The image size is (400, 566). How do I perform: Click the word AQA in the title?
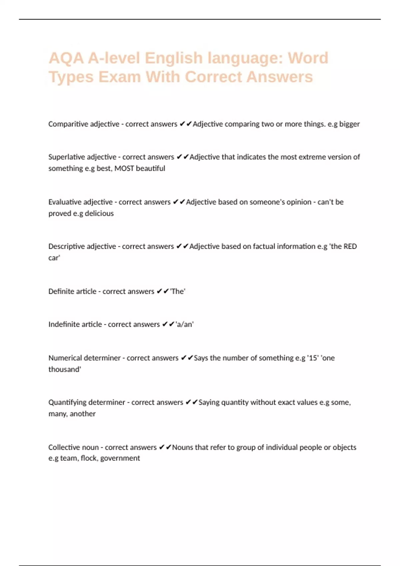pos(66,58)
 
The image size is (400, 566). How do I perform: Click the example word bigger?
pos(349,124)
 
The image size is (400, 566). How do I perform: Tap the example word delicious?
pos(99,213)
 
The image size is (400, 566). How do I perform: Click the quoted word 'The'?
pos(178,291)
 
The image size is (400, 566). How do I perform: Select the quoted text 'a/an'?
pos(185,324)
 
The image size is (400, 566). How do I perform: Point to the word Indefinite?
pos(62,324)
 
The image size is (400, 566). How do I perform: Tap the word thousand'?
pos(65,369)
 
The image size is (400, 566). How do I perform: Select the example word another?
pos(83,414)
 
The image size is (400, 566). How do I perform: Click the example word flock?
pos(89,458)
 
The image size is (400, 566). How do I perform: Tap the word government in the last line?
pos(120,458)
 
